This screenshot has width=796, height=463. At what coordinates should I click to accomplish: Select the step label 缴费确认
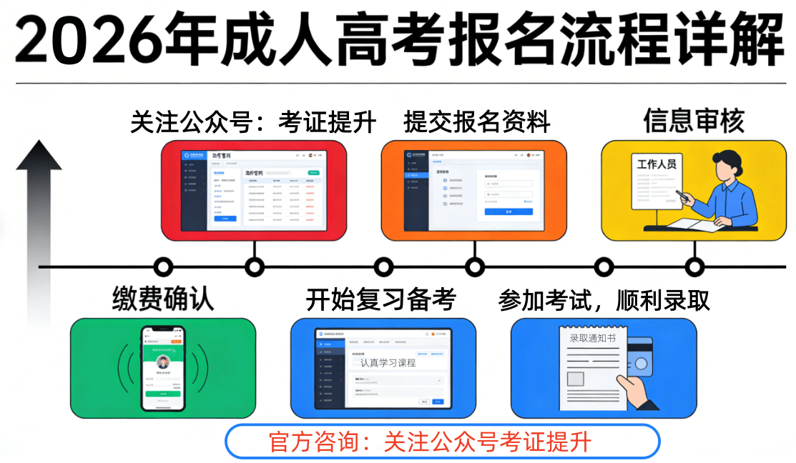point(163,298)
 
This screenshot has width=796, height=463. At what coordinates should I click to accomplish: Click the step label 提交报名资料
point(477,122)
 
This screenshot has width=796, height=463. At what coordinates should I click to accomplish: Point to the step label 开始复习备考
point(380,299)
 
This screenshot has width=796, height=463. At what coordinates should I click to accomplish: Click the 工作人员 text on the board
point(656,165)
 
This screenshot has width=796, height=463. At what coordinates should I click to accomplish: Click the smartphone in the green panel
point(163,368)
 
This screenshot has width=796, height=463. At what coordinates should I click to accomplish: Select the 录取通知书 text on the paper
point(592,338)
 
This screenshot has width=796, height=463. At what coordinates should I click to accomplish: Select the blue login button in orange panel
point(508,211)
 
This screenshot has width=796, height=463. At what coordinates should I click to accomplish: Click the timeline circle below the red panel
point(255,267)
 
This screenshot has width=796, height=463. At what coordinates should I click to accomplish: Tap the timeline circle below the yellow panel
point(694,267)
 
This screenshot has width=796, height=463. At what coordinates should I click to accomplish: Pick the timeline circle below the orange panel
point(475,267)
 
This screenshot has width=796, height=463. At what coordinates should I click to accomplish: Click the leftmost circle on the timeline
point(164,267)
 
